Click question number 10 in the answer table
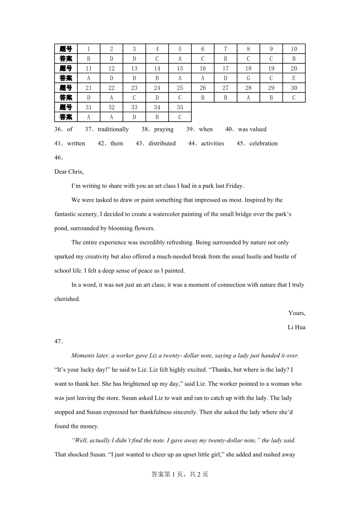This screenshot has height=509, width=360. (x=294, y=49)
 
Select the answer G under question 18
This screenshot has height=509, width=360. (x=248, y=78)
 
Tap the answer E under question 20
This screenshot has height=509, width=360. (x=294, y=78)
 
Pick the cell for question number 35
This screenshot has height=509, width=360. (x=180, y=107)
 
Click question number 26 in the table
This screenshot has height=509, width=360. (x=203, y=88)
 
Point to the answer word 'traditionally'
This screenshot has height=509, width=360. (x=113, y=129)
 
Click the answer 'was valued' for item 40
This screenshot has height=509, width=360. (x=252, y=129)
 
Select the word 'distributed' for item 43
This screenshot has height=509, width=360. (x=162, y=143)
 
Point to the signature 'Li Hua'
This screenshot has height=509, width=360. (x=297, y=327)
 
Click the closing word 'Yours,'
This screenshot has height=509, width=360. (x=297, y=313)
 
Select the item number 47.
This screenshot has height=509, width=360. (x=58, y=341)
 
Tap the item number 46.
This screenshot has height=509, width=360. (x=58, y=157)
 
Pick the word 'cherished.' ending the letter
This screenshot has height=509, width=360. (x=67, y=299)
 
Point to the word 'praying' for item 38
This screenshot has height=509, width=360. (x=164, y=129)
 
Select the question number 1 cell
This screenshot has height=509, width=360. (x=89, y=49)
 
